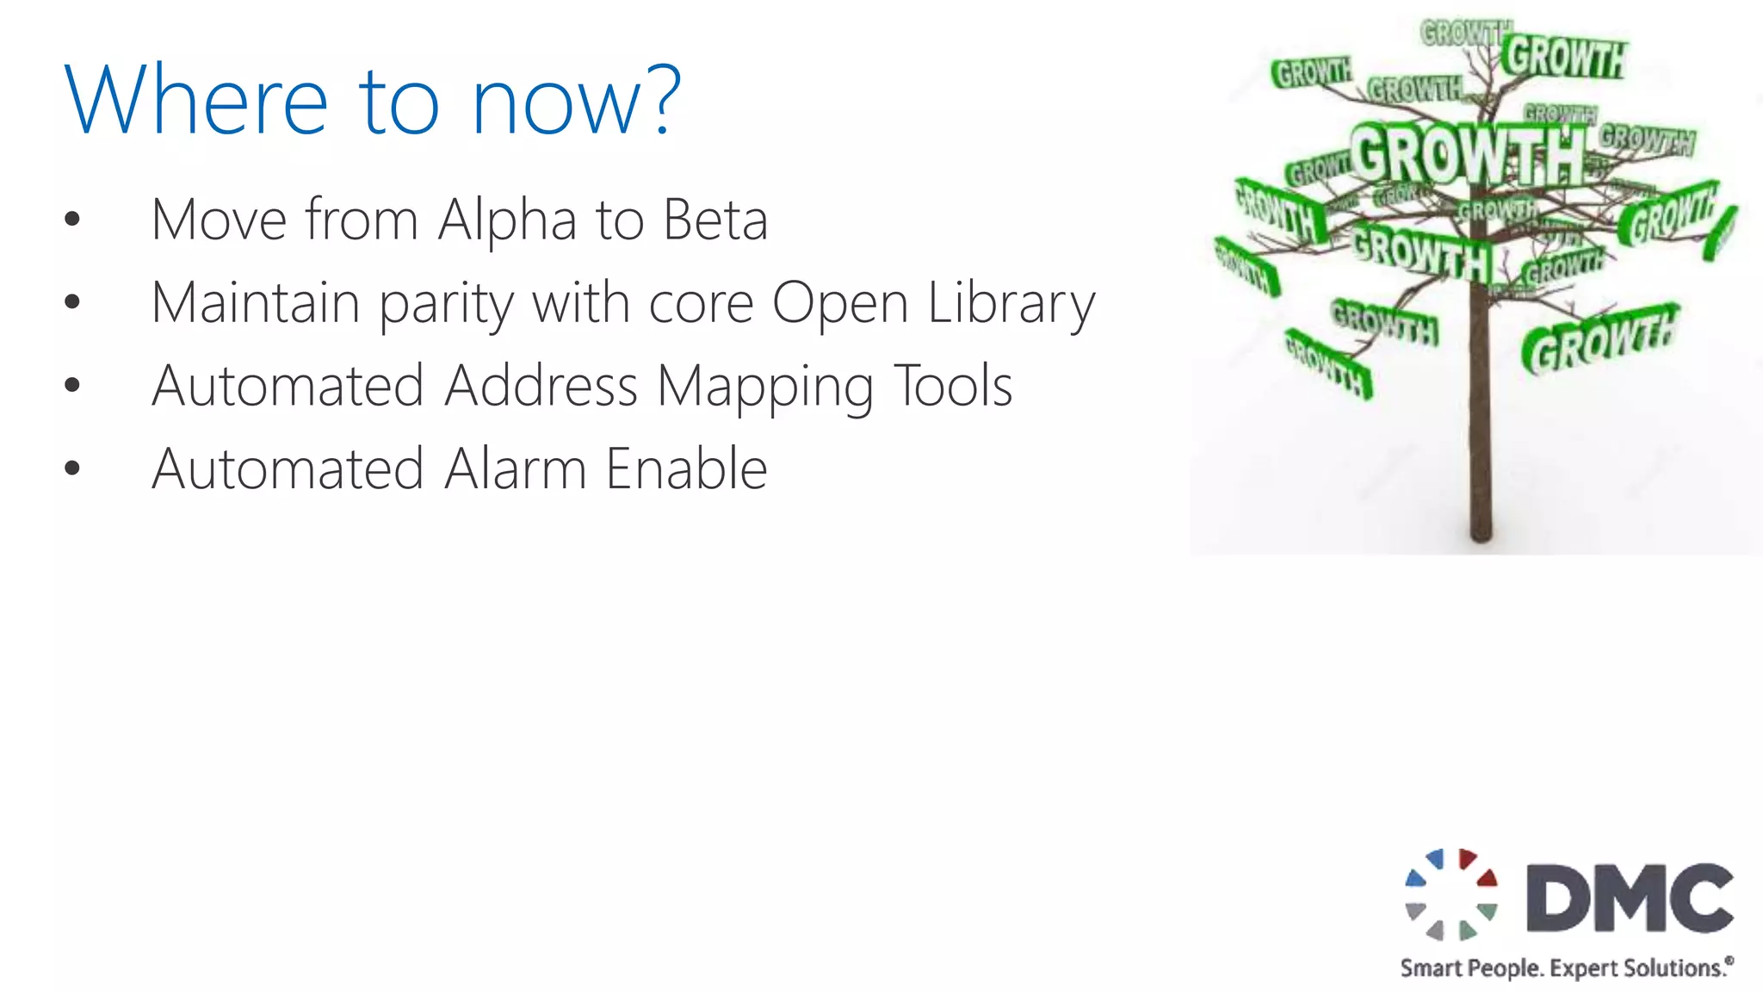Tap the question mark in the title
662,101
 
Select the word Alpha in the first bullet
507,220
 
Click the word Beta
715,220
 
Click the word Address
541,386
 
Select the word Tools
953,386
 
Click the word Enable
686,469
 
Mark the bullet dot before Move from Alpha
72,220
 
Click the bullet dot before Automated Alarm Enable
72,469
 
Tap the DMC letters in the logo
1630,897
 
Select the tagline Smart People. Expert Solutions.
1566,968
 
